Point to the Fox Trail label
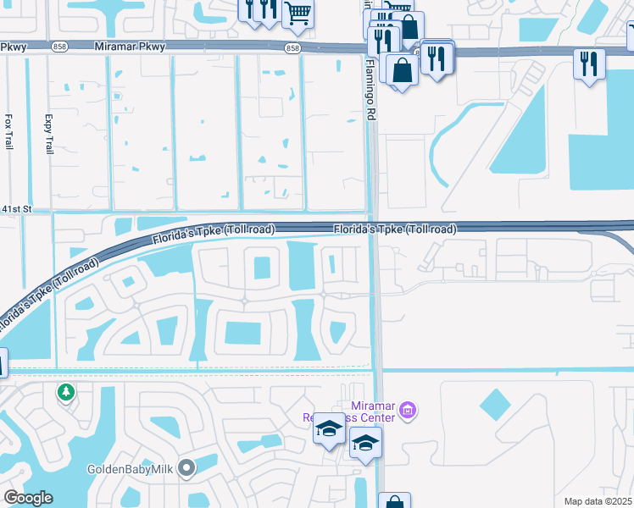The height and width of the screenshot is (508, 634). [x=9, y=132]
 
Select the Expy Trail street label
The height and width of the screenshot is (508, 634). [x=48, y=135]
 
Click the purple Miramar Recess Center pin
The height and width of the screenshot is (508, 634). [x=407, y=411]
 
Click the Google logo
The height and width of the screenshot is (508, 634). [x=28, y=498]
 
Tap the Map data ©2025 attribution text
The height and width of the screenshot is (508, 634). [x=598, y=501]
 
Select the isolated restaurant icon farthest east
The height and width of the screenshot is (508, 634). [x=588, y=63]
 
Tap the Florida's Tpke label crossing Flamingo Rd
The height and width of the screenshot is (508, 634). [x=395, y=229]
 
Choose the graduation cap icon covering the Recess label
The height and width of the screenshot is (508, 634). [x=329, y=428]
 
